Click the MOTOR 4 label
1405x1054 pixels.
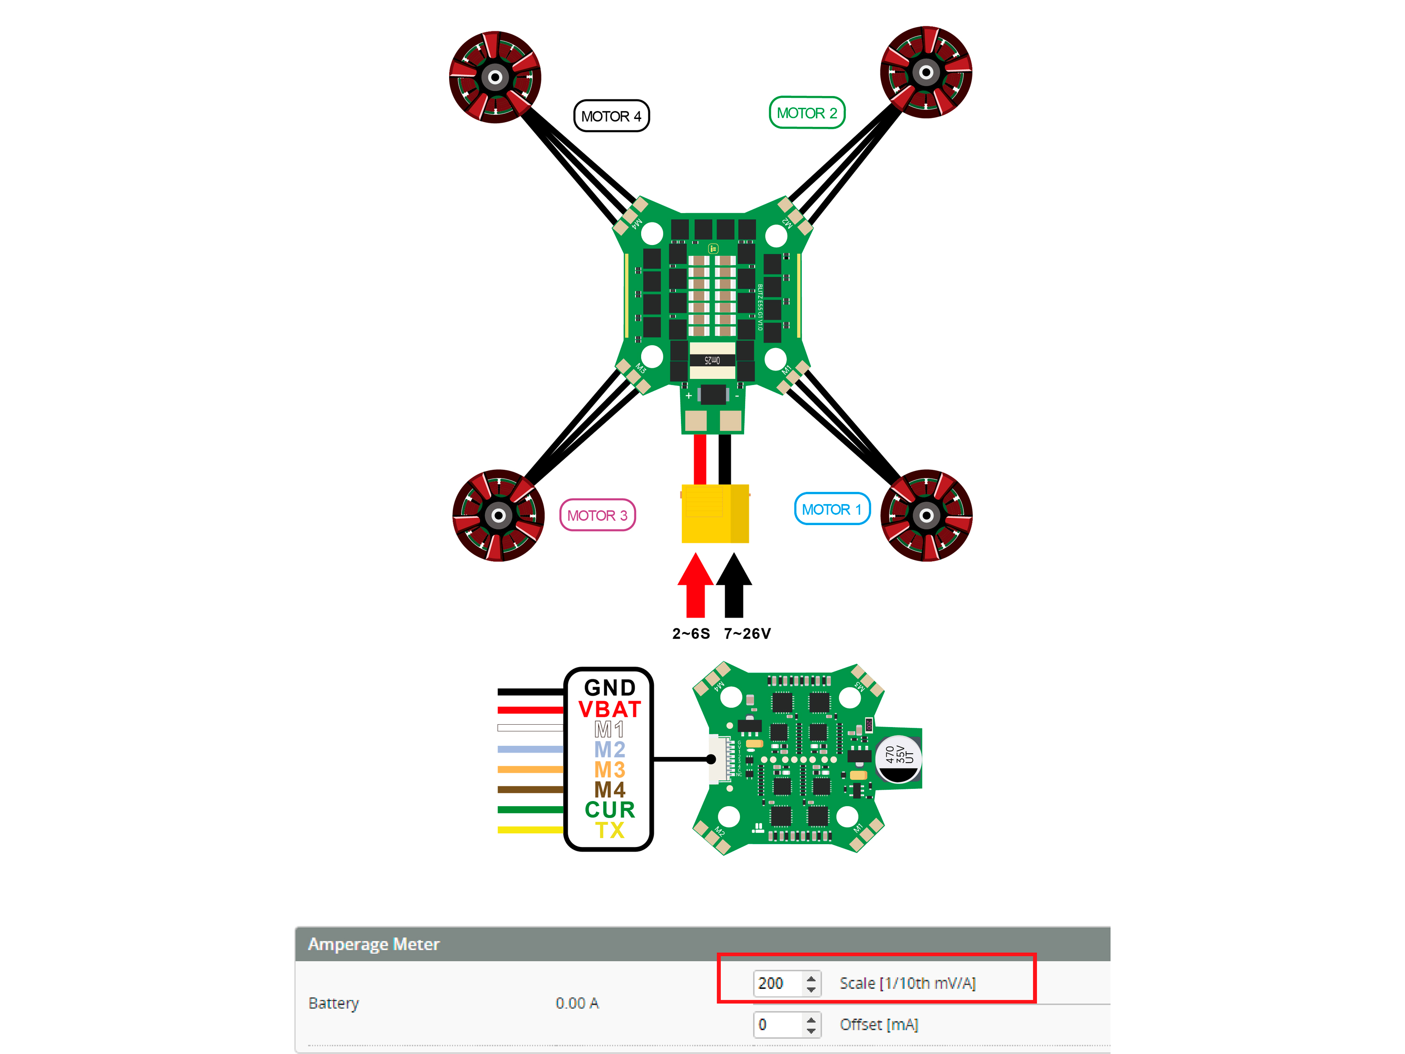611,116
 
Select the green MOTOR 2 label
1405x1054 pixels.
806,113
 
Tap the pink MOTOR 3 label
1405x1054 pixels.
597,515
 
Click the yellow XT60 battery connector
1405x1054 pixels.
715,514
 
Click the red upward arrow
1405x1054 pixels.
695,585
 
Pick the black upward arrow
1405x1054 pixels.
734,585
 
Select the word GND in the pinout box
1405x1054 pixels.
610,687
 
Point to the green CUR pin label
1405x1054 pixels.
610,809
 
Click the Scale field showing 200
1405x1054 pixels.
778,983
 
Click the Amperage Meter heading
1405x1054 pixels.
373,944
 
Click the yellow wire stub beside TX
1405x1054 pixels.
530,830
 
